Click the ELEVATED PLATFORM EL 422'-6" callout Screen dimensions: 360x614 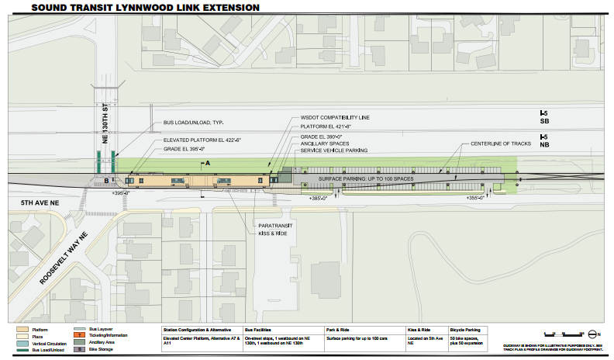pyautogui.click(x=203, y=140)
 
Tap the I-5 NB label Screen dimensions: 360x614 pyautogui.click(x=544, y=140)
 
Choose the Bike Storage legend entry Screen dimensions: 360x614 pyautogui.click(x=100, y=349)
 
